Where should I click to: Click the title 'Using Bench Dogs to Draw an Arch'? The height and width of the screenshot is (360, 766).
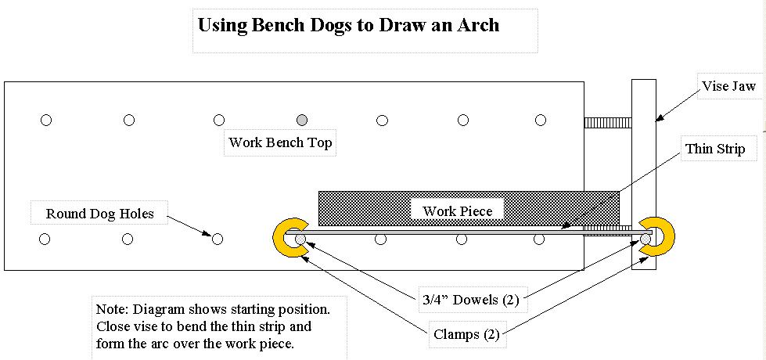348,25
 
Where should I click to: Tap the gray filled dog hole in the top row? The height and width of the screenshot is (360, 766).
302,120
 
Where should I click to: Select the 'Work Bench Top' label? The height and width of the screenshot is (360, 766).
280,142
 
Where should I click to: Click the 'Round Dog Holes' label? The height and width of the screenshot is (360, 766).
99,213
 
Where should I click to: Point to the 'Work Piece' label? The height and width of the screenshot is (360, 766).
458,211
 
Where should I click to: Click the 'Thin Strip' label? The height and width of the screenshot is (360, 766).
715,148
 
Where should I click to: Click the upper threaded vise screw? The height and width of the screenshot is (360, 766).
608,121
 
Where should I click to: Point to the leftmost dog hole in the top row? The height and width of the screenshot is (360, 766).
45,120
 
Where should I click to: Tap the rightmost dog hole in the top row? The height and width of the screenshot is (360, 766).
541,120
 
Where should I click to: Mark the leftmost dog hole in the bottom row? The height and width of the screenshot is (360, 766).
45,239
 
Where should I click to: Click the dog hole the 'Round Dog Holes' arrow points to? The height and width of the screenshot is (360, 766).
218,239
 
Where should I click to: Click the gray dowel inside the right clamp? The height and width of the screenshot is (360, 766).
646,238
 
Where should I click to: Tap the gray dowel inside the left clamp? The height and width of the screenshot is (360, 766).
299,239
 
